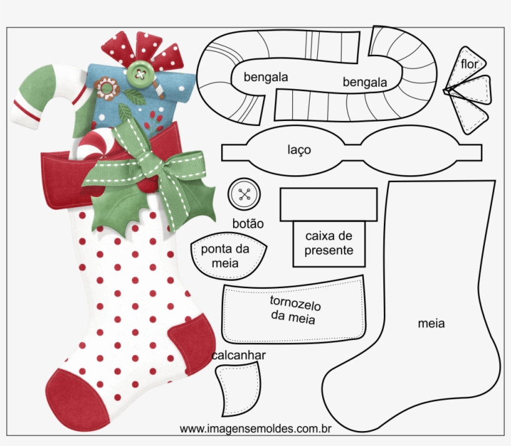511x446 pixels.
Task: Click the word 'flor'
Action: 469,64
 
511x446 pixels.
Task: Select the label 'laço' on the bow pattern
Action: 300,150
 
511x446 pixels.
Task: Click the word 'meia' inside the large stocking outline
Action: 431,323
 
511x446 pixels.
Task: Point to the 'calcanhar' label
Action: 239,355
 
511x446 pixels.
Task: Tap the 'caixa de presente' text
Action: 329,243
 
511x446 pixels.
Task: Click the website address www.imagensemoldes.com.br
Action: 255,429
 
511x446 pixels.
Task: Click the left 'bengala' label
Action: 265,77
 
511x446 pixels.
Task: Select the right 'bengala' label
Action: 365,82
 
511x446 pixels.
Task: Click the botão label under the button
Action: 247,223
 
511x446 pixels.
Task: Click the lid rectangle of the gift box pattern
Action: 328,205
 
